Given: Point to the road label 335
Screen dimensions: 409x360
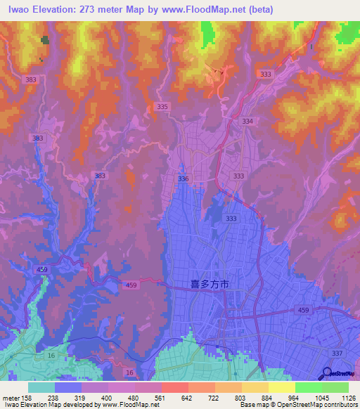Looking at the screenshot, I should point(162,106).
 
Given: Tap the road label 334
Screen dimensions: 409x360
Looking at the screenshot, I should point(247,121).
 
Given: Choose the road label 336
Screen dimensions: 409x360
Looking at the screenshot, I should point(184,179).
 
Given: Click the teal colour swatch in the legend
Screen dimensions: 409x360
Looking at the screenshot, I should point(41,387).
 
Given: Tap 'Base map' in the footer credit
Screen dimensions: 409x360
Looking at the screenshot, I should point(253,404).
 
